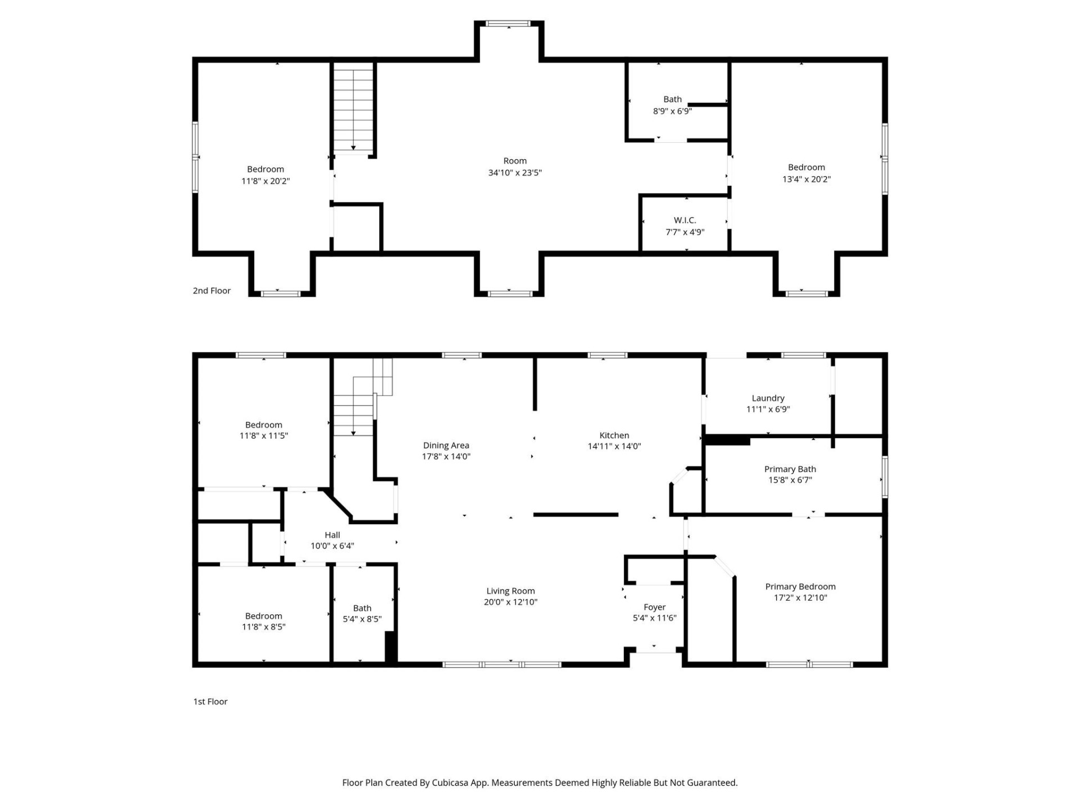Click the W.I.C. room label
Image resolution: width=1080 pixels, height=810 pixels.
[x=685, y=220]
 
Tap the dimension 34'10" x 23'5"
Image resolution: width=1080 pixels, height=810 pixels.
[x=515, y=173]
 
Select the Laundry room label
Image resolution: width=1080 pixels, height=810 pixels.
[x=768, y=398]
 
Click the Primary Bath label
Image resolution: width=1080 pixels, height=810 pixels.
[x=790, y=469]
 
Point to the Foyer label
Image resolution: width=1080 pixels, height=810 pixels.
[x=654, y=607]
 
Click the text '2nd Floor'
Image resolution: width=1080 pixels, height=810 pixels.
[x=211, y=290]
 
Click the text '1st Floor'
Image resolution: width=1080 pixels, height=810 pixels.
[x=210, y=701]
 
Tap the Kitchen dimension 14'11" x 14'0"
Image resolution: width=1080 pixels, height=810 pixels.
[x=614, y=446]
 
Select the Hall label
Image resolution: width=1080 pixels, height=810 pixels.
[x=332, y=535]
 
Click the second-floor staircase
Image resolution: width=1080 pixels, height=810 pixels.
[x=353, y=107]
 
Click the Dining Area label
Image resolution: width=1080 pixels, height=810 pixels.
[x=445, y=445]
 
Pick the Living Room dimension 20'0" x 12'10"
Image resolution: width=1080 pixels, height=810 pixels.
[x=510, y=602]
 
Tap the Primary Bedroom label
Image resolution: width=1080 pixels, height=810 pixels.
[x=800, y=586]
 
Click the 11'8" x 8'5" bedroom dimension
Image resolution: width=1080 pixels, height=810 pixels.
[x=263, y=627]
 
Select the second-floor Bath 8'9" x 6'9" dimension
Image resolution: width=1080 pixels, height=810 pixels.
[x=672, y=111]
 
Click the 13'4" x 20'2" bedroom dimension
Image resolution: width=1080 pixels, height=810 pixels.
[x=806, y=179]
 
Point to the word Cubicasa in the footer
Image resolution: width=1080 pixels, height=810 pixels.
[x=451, y=782]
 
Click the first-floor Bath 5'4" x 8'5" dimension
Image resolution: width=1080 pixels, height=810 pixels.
[x=362, y=619]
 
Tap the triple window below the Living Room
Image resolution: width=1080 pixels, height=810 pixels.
[x=502, y=664]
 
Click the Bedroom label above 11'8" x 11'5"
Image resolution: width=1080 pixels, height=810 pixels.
[x=263, y=425]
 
